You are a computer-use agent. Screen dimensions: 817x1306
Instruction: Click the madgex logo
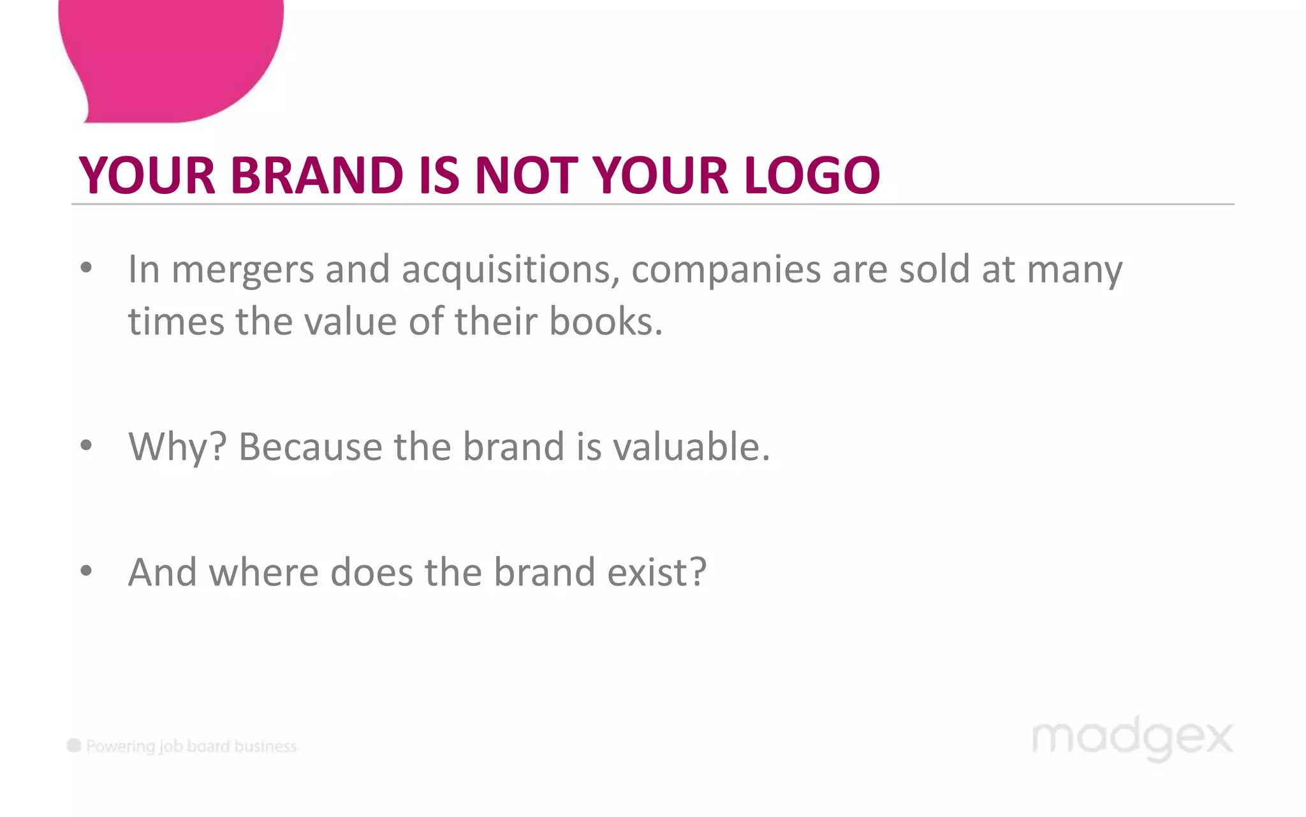(x=1132, y=738)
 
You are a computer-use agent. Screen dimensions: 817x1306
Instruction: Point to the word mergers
(x=243, y=271)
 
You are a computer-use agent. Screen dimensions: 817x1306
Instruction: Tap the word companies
(x=726, y=271)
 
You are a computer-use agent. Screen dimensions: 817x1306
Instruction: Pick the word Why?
(x=177, y=447)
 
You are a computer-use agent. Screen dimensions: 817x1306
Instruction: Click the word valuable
(x=691, y=446)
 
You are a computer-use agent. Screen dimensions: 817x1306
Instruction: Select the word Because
(x=310, y=446)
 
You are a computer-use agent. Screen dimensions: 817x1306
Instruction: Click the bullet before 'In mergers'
(x=86, y=268)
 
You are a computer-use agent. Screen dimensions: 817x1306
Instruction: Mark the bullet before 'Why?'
(x=86, y=445)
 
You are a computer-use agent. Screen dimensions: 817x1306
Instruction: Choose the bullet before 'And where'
(x=86, y=571)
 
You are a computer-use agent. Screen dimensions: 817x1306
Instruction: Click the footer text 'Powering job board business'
(x=191, y=746)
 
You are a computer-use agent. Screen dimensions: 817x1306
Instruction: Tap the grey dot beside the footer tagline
(x=74, y=746)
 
